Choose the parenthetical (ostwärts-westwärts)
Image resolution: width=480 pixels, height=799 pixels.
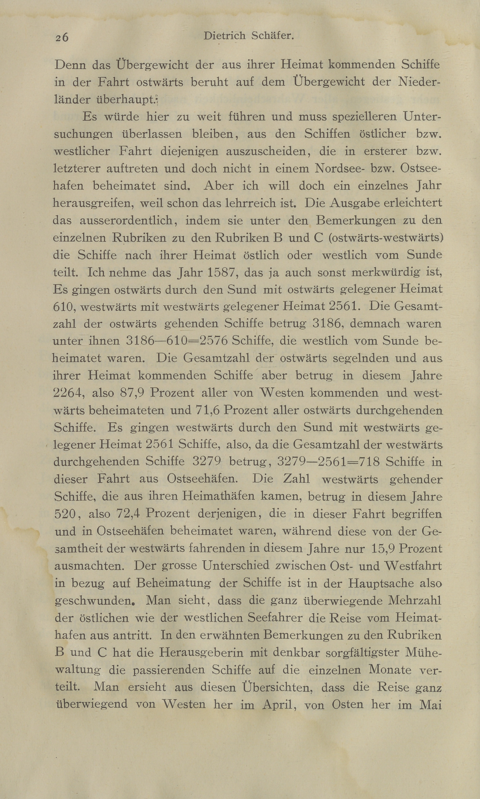[385, 238]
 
